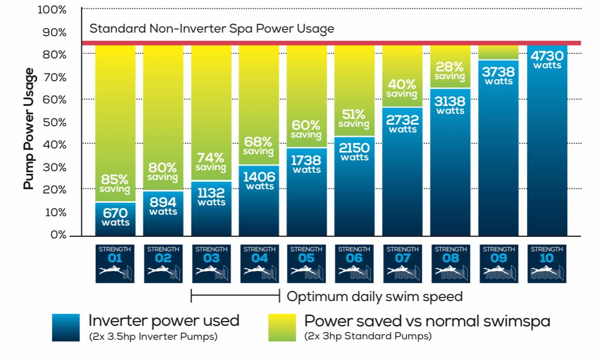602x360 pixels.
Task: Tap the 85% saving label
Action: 115,184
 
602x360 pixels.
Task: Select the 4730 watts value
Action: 547,59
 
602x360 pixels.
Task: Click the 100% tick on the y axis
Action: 52,10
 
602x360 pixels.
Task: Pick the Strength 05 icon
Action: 307,263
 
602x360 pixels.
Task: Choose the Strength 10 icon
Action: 547,263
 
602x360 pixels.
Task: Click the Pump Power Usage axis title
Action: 29,128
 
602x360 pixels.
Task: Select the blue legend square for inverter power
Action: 66,327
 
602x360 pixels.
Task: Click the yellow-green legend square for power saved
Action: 282,327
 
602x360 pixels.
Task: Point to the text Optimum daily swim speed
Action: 374,296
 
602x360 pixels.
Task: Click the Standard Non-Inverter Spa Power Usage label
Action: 212,28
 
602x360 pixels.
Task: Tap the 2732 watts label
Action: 403,124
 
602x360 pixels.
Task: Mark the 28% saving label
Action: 450,71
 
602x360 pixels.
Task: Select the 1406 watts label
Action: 259,181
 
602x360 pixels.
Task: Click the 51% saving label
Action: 355,118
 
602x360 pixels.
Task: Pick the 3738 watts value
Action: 499,76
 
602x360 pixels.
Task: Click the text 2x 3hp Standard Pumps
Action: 368,337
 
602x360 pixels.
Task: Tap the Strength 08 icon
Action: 451,263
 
